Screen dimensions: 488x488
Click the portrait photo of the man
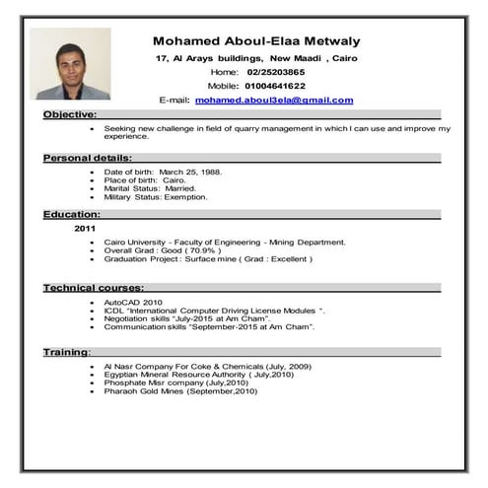click(x=69, y=63)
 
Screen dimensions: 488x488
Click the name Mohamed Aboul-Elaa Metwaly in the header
click(x=256, y=41)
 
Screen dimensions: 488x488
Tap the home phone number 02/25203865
click(x=275, y=73)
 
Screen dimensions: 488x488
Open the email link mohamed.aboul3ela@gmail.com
click(x=273, y=101)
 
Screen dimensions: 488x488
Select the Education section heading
click(x=71, y=214)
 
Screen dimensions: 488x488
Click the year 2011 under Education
click(x=86, y=228)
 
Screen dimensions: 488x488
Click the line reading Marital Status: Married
click(x=150, y=188)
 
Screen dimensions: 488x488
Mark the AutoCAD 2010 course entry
click(x=133, y=302)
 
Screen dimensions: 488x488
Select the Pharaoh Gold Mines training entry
click(x=180, y=391)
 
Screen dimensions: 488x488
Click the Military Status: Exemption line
click(x=155, y=196)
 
